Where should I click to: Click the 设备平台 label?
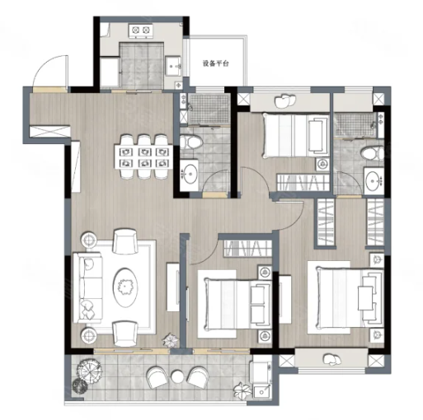(x=216, y=63)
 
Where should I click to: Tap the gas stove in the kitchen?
(x=141, y=31)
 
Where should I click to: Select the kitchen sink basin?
(x=173, y=66)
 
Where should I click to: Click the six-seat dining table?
(x=143, y=156)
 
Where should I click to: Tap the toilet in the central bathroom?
(x=190, y=142)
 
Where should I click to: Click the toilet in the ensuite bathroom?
(x=373, y=153)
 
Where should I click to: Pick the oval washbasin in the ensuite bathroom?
(x=374, y=180)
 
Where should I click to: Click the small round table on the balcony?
(x=177, y=376)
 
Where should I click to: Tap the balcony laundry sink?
(x=261, y=392)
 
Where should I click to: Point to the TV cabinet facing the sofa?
(x=173, y=287)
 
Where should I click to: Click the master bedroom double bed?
(x=345, y=297)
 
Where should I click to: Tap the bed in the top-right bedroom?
(x=296, y=136)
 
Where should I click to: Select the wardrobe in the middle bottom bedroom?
(x=247, y=249)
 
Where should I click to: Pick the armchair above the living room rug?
(x=125, y=241)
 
